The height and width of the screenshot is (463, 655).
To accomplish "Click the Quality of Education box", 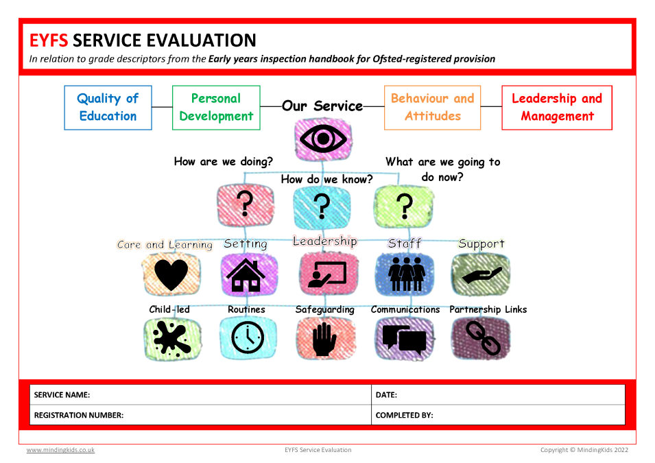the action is tap(108, 108).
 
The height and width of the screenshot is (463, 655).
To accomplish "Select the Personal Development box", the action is tap(216, 108).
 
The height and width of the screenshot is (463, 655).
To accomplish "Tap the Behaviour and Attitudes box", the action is tap(432, 108).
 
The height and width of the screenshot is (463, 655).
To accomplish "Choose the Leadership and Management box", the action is tap(557, 108).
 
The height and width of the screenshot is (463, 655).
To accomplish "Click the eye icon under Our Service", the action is tap(323, 139).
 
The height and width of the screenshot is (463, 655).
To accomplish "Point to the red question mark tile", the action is tap(246, 205).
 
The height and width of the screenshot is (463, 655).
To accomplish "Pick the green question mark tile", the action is tap(403, 206).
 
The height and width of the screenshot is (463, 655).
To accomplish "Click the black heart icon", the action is tap(171, 274).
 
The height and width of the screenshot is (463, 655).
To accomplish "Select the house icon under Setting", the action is tap(246, 275).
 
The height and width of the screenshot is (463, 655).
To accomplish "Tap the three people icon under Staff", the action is tap(407, 274).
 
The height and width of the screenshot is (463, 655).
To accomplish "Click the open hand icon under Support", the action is tap(481, 275).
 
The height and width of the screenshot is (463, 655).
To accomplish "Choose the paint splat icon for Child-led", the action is tap(171, 338).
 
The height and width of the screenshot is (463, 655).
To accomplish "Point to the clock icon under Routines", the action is tap(248, 337).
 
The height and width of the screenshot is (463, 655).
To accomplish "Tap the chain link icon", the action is tap(483, 337).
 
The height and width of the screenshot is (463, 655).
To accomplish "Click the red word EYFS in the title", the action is tap(49, 40).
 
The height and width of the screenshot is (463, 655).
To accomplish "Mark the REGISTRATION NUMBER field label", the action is tap(79, 416).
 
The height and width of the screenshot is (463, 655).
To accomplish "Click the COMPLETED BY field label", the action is tap(405, 416).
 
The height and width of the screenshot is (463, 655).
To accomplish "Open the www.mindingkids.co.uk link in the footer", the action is tap(60, 450).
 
